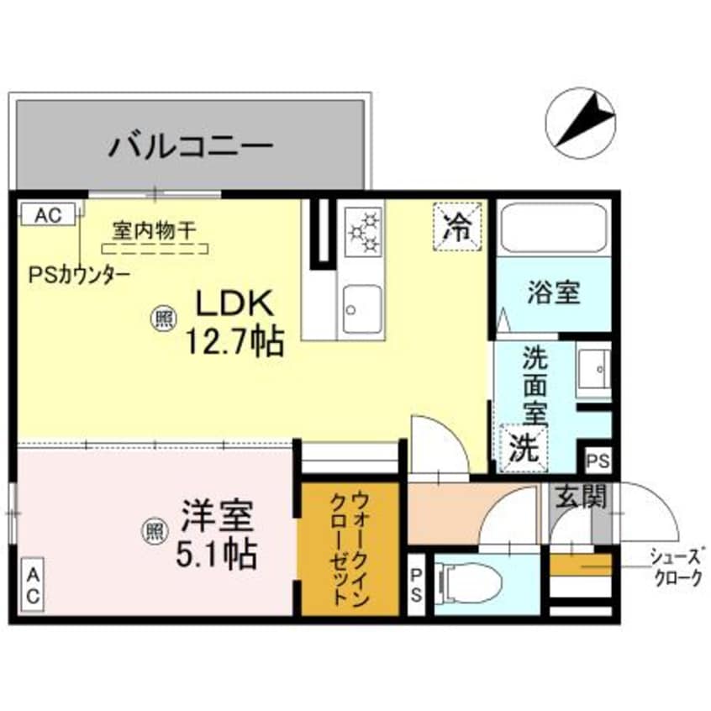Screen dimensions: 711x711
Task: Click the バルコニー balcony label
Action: (191, 147)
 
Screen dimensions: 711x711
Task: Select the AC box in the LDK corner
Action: (48, 214)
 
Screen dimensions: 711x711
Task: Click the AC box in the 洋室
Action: (32, 586)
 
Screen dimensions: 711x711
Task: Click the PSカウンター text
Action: (79, 273)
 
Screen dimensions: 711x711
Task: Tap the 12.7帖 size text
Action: (233, 340)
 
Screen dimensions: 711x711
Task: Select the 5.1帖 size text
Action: (217, 555)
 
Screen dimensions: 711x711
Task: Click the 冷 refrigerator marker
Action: (458, 226)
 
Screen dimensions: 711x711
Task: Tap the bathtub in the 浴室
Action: (553, 227)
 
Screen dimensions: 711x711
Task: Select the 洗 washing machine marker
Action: (524, 447)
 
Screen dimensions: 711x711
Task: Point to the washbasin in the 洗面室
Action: (594, 370)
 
